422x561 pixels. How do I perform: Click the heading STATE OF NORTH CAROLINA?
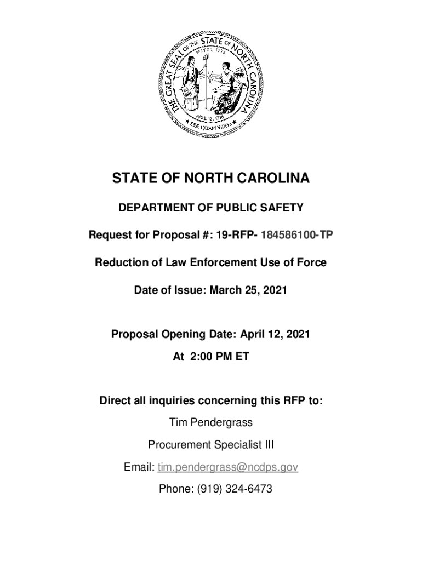click(x=211, y=179)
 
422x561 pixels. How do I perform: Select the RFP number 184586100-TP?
click(x=296, y=236)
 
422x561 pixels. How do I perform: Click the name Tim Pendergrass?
click(x=211, y=423)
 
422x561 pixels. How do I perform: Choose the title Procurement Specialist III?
click(x=211, y=445)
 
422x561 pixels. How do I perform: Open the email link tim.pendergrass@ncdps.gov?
click(x=227, y=467)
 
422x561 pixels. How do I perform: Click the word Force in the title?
click(x=313, y=263)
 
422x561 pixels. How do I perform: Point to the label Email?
click(x=139, y=467)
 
